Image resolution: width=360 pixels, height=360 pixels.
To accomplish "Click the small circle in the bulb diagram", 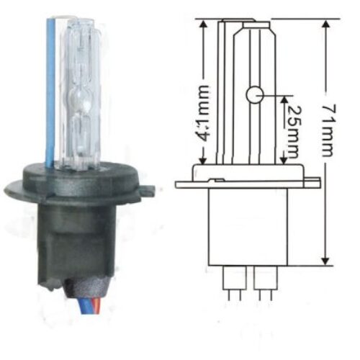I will tap(253, 94).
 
